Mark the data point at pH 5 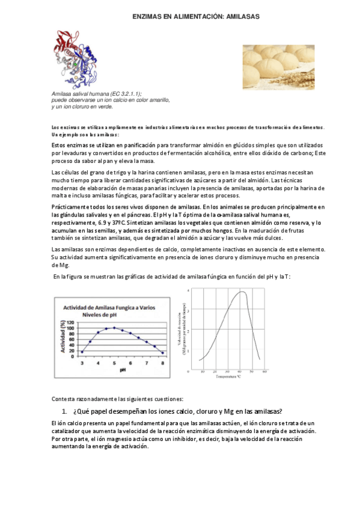(x=114, y=328)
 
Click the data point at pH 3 (x=82, y=352)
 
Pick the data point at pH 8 (x=163, y=353)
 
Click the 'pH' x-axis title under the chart (x=122, y=370)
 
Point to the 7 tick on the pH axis (x=147, y=363)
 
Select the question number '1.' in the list (x=66, y=411)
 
